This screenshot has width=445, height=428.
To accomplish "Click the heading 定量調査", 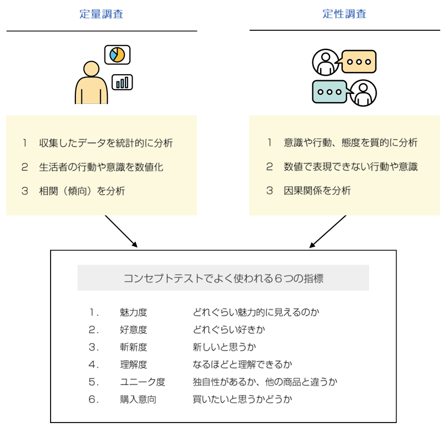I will tap(101, 14).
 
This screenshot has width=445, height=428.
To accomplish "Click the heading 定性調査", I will tap(344, 14).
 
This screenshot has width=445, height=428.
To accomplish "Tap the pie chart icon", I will tap(117, 54).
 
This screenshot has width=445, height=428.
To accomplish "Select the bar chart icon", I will tap(123, 82).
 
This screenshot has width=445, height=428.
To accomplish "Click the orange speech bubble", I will tap(358, 62).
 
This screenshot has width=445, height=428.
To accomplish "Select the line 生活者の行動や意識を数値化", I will tap(101, 167).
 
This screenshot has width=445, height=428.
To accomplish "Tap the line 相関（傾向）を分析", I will tap(82, 191).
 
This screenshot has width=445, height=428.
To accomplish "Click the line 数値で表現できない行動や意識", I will tap(350, 167).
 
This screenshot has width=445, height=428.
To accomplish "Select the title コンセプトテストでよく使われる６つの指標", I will tap(223, 279).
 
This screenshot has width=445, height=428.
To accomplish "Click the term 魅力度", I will tap(134, 313).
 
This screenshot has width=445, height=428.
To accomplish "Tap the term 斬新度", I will tap(134, 347).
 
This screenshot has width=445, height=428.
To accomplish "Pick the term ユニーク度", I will tap(142, 382).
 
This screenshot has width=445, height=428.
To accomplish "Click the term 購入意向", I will tap(138, 399).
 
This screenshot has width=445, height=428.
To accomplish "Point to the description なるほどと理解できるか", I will tap(242, 365).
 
